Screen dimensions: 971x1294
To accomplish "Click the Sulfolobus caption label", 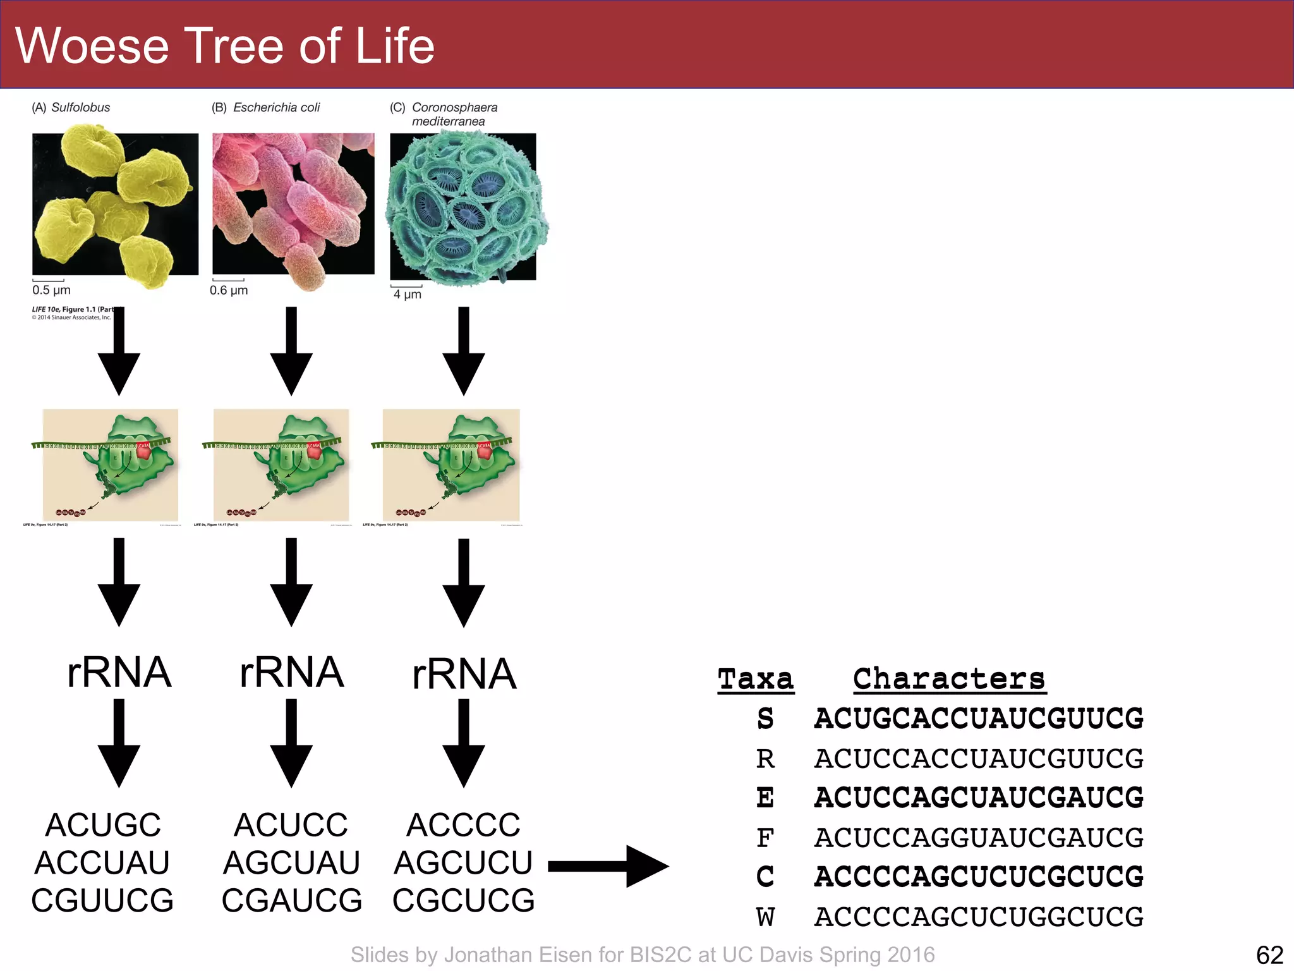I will (80, 107).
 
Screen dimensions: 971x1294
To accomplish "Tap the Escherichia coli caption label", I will (276, 107).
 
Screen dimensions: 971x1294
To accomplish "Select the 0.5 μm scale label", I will (51, 290).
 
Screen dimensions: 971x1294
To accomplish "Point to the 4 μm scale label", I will (407, 294).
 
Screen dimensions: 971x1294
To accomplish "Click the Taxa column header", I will (755, 679).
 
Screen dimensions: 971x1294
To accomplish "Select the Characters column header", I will (948, 679).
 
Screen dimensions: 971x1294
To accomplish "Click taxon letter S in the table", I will (765, 719).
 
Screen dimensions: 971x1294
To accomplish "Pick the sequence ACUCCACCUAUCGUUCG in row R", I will (978, 759).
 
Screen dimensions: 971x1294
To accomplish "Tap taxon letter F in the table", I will (765, 838).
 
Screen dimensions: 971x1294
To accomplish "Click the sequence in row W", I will (978, 917).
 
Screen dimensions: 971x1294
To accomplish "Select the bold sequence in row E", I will (978, 798).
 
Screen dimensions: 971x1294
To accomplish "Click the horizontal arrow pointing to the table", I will (607, 866).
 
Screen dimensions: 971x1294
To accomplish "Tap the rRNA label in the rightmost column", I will (464, 674).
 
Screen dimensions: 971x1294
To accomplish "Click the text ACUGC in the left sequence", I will (103, 825).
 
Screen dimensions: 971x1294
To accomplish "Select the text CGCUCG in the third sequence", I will (463, 900).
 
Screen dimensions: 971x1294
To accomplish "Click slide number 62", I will (1269, 955).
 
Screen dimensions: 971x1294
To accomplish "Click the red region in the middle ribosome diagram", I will (314, 450).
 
